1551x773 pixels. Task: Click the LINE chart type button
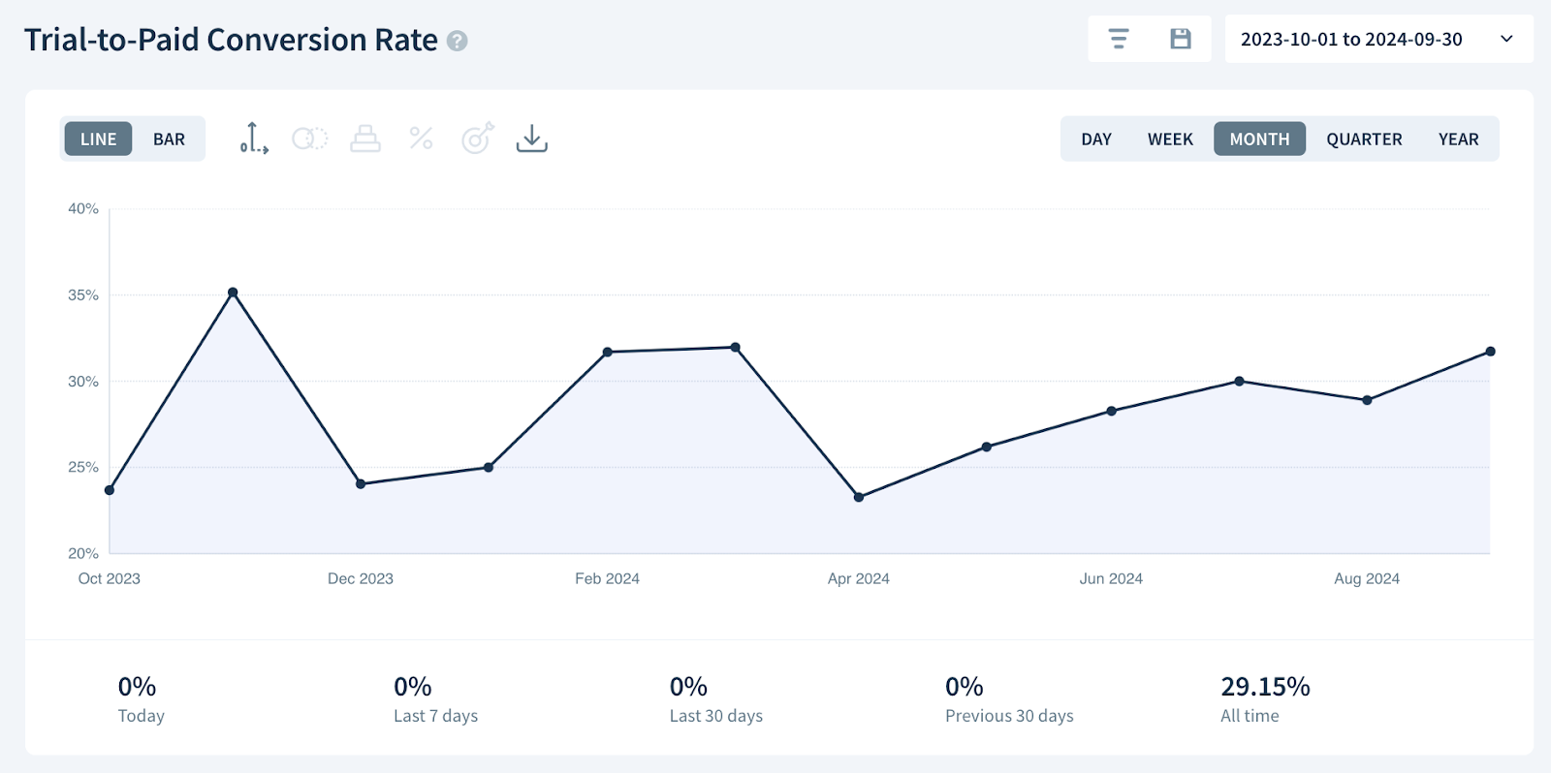[x=98, y=139]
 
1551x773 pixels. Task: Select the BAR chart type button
[x=169, y=139]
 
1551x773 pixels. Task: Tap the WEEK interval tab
[x=1170, y=139]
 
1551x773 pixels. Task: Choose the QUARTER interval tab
[x=1364, y=139]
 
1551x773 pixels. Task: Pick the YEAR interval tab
[x=1458, y=139]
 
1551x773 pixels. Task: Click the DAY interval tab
[x=1096, y=139]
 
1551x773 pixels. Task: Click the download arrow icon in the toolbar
[x=531, y=139]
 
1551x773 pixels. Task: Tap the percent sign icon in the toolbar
[x=421, y=139]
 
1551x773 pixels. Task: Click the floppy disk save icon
[x=1180, y=39]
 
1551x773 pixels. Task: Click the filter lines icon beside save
[x=1119, y=39]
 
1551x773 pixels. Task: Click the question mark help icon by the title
[x=458, y=42]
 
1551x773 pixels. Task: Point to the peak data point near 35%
[x=233, y=293]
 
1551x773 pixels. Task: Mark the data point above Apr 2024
[x=859, y=497]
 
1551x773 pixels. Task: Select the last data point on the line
[x=1490, y=352]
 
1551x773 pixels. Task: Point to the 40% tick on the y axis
[x=83, y=208]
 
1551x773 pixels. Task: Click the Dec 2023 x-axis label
[x=361, y=578]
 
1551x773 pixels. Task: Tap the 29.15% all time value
[x=1265, y=687]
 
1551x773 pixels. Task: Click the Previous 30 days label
[x=1009, y=716]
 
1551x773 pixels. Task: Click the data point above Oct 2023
[x=110, y=490]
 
